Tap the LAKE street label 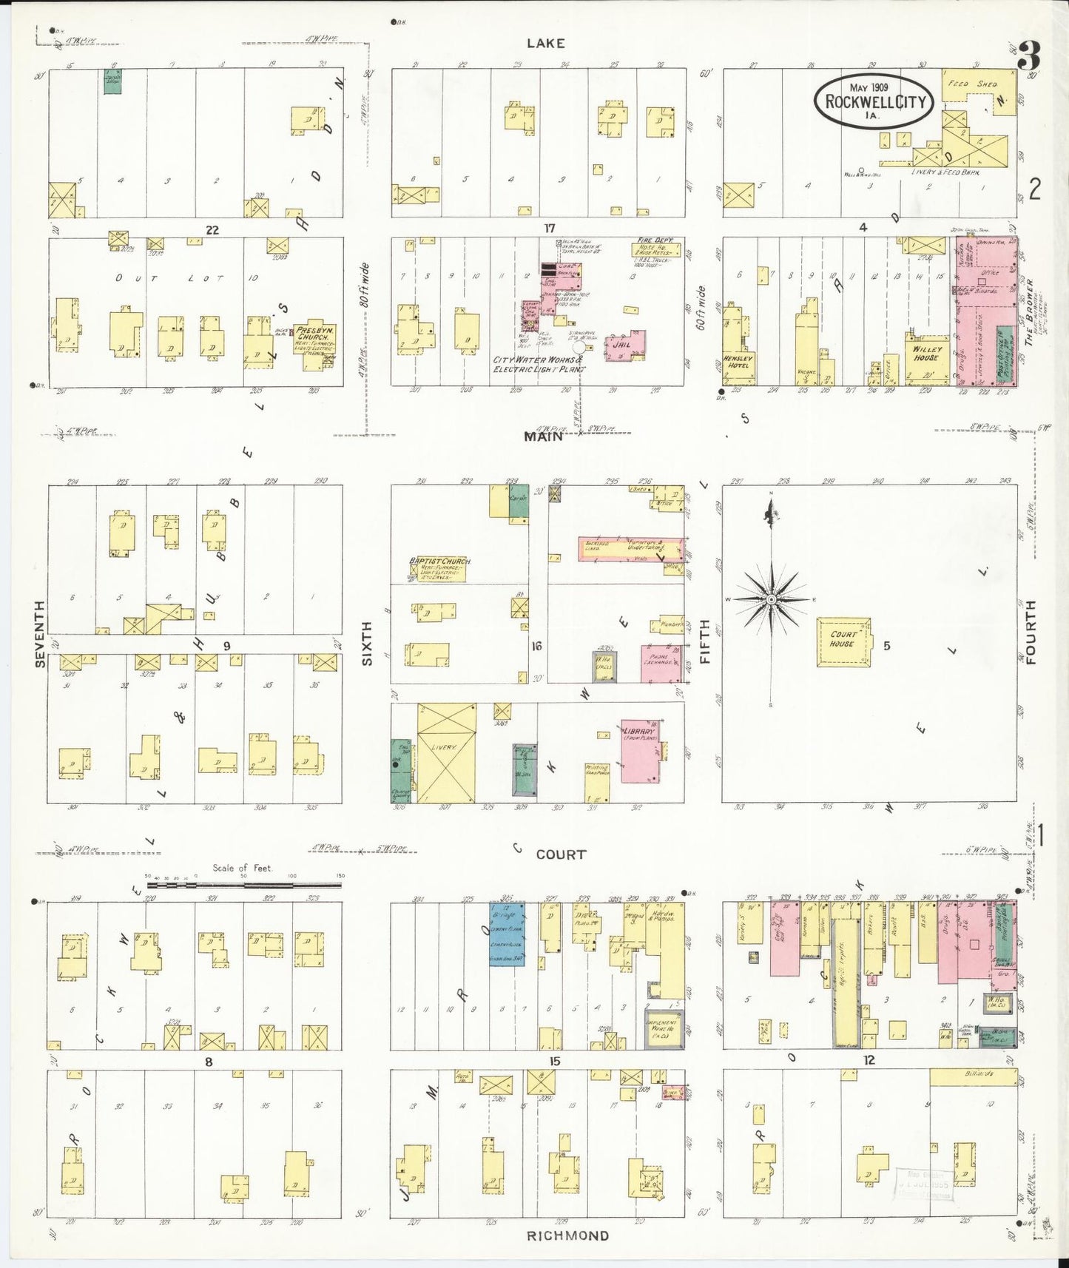(545, 44)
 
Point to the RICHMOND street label (567, 1235)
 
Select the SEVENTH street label (41, 633)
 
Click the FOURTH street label (1031, 632)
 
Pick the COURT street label (560, 854)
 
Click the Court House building (843, 642)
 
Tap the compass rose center (771, 598)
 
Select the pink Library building (640, 751)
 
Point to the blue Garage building (507, 934)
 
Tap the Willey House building (927, 358)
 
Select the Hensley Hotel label (738, 361)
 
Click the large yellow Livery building (446, 752)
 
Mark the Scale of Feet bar (244, 883)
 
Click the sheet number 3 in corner (1028, 55)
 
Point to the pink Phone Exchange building (660, 664)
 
